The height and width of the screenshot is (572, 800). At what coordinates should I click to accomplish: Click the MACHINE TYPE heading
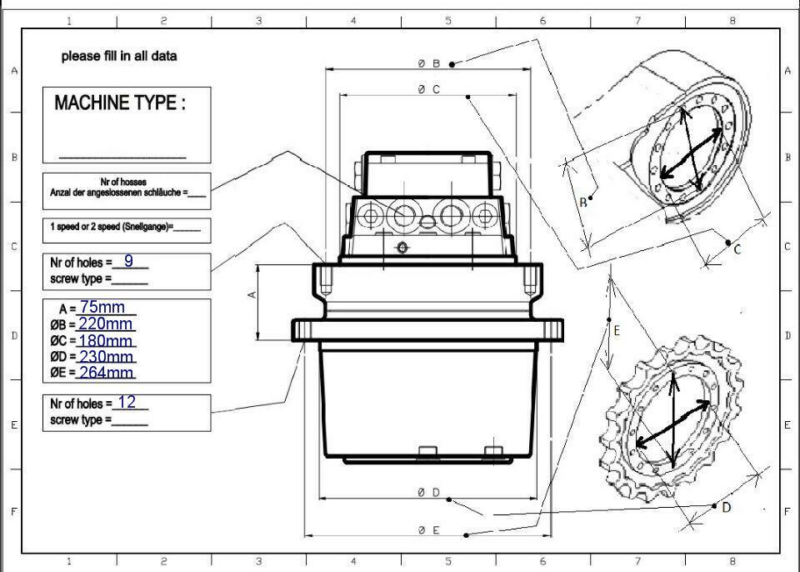119,103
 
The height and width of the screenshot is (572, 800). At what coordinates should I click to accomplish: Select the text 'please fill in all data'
119,57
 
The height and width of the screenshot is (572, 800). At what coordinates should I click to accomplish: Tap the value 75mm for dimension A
102,308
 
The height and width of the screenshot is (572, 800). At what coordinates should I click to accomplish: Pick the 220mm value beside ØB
106,324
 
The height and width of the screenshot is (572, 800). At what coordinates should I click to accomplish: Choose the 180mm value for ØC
106,340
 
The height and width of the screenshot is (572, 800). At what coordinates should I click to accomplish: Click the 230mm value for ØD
106,356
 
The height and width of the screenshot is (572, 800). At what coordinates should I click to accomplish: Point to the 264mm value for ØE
106,372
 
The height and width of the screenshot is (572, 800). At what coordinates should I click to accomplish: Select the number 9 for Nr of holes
128,261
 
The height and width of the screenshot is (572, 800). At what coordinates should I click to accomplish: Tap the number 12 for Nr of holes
127,402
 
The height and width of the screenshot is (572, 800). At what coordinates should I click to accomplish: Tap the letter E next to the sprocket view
617,331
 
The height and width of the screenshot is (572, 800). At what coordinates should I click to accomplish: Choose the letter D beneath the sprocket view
727,507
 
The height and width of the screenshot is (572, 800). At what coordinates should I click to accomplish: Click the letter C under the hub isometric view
737,248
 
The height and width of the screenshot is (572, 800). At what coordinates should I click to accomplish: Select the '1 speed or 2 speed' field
125,227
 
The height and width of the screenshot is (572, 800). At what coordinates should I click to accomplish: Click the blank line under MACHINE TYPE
122,156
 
